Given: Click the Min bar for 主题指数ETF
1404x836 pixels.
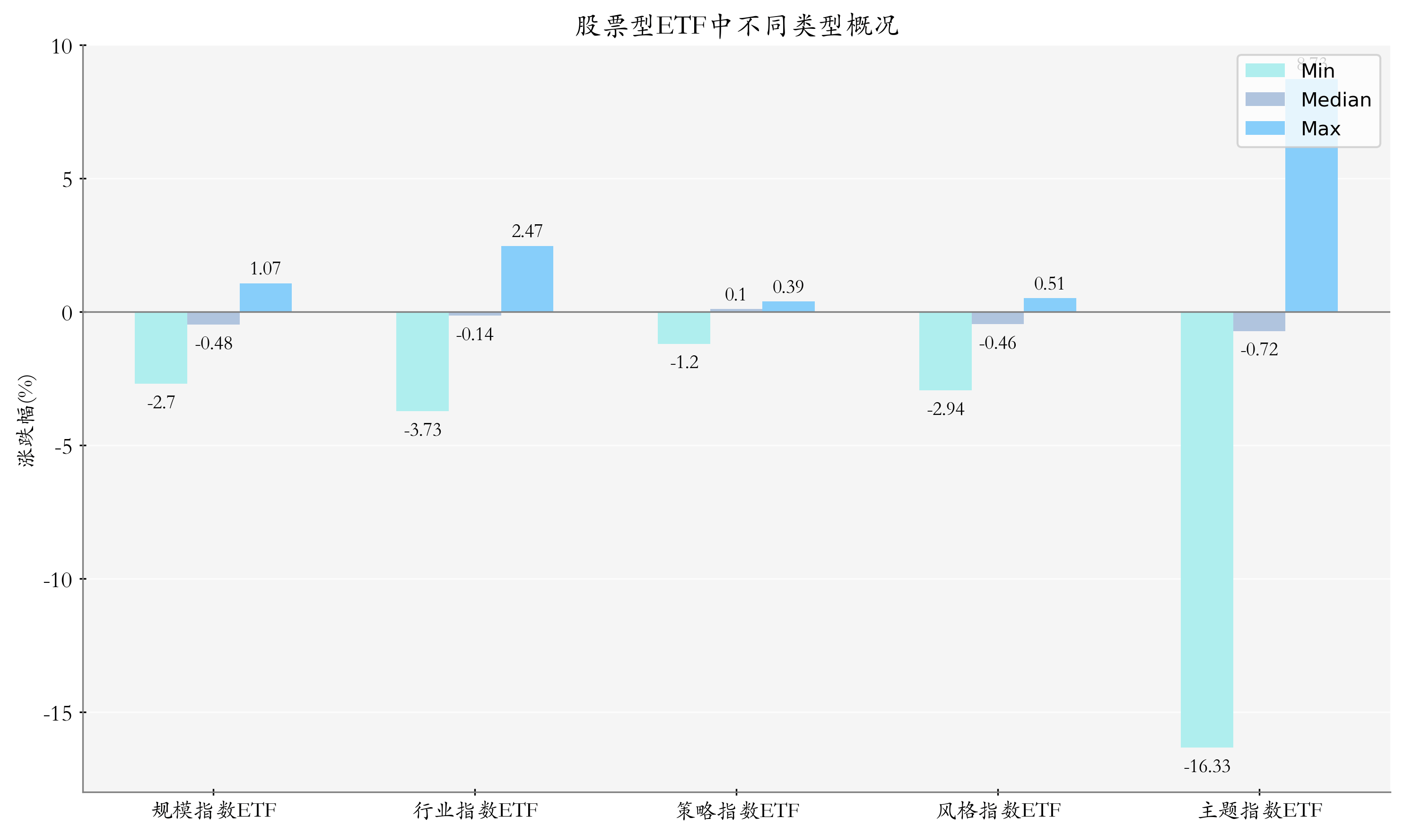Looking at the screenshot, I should pos(1206,529).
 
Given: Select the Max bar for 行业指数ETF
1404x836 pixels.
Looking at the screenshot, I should pos(527,279).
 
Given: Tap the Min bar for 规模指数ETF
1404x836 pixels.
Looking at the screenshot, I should pos(161,348).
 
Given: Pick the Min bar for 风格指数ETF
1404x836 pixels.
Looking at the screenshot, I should pos(945,351).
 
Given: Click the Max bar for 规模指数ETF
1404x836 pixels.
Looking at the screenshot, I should pos(266,298).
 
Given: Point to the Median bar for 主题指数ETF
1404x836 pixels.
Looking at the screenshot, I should pos(1259,322).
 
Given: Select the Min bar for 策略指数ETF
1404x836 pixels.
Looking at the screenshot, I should pos(683,328).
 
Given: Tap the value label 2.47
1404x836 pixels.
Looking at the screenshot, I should pos(527,231).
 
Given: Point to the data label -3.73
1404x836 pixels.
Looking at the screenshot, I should pos(422,431).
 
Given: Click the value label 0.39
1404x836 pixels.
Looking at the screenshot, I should pos(788,287).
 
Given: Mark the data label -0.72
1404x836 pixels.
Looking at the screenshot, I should pos(1259,350).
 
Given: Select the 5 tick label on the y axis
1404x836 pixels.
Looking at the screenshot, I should pos(67,180).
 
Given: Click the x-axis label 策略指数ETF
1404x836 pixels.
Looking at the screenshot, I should pos(737,810).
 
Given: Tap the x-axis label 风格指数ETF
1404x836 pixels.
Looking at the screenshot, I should pos(998,810).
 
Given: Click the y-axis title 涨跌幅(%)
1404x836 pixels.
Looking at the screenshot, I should pos(26,420).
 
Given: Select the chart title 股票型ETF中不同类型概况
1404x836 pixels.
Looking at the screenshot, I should pos(736,26).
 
